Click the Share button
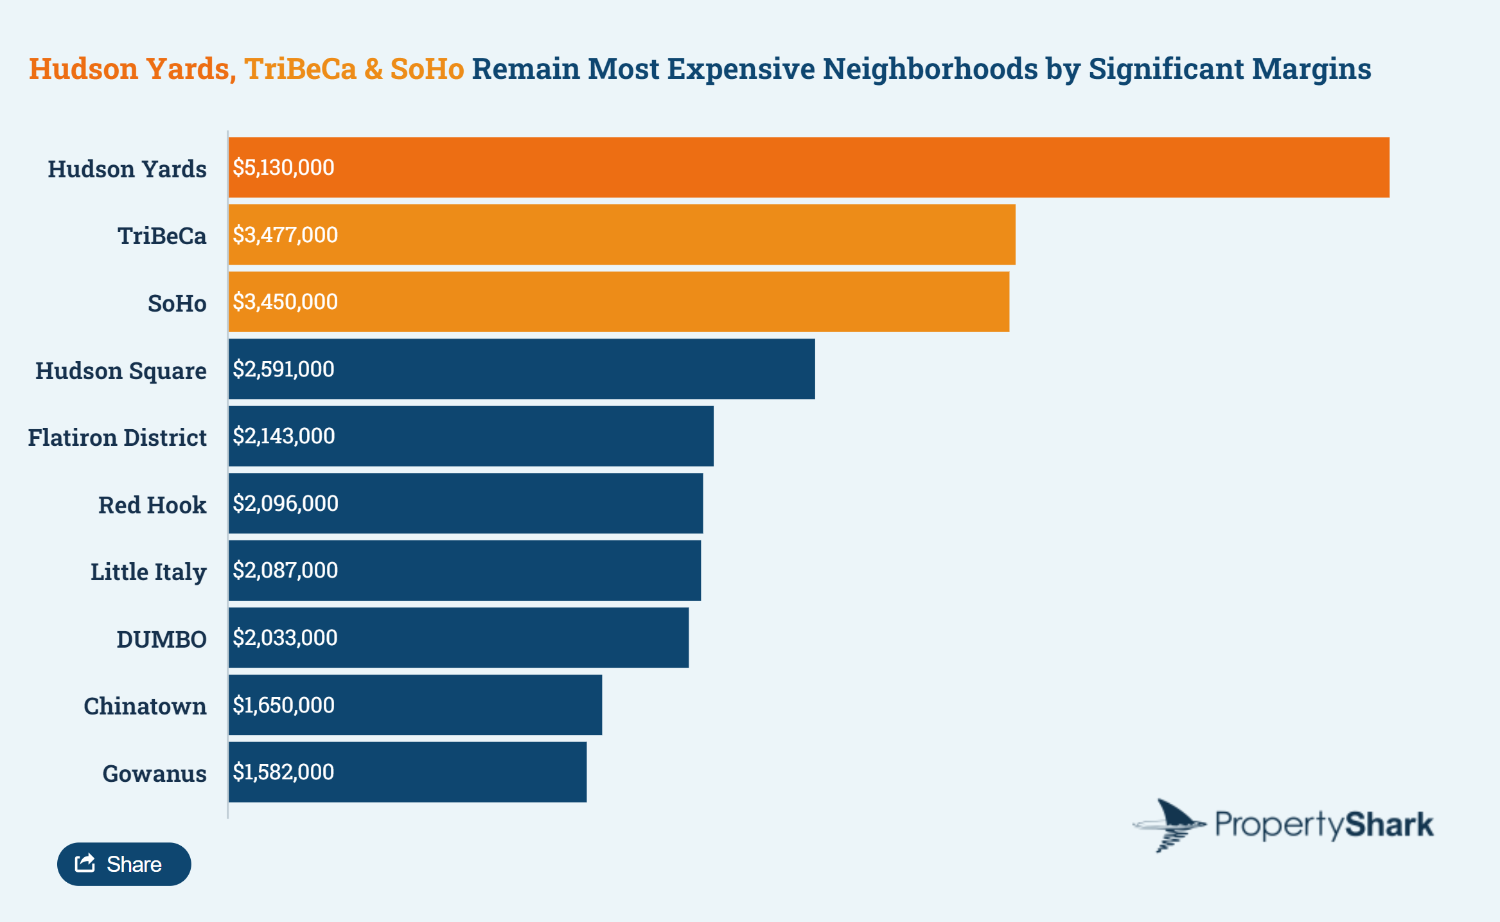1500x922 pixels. point(124,864)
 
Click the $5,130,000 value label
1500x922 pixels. point(283,168)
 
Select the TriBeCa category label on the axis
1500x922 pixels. point(162,236)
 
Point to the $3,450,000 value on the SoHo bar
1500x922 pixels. point(285,302)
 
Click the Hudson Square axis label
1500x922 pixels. point(121,371)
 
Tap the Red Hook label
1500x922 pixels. point(152,505)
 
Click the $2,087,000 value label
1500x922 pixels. point(285,571)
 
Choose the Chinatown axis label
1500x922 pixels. point(145,706)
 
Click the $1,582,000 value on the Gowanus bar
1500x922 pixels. point(283,772)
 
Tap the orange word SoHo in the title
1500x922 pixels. point(427,69)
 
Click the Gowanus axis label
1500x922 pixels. point(155,774)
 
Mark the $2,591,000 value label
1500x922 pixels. point(283,369)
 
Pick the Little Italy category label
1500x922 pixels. point(148,572)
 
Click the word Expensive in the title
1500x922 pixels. point(741,69)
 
